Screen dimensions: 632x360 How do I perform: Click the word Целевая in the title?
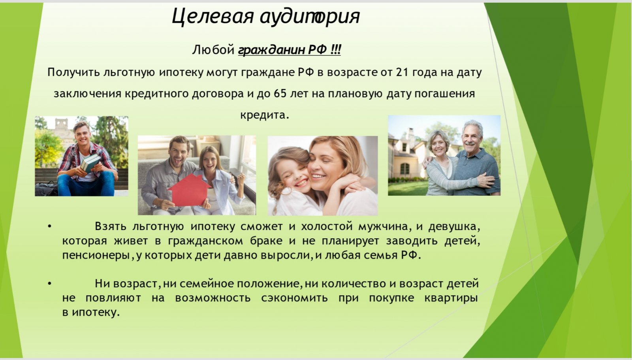click(x=213, y=16)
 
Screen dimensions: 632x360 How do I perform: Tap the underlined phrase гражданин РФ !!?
click(x=290, y=50)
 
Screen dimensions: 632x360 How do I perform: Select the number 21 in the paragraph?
click(x=402, y=72)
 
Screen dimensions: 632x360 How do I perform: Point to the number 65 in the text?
click(x=280, y=94)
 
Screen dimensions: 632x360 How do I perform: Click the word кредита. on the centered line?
click(x=265, y=115)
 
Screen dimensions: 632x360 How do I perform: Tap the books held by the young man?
click(x=90, y=163)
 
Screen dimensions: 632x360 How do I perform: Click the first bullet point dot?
click(x=50, y=226)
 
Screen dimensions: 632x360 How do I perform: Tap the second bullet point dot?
click(x=50, y=283)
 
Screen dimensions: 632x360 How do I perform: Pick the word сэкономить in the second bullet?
click(x=295, y=298)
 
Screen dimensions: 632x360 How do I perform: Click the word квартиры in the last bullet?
click(x=451, y=298)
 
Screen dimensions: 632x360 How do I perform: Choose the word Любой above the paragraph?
click(x=213, y=50)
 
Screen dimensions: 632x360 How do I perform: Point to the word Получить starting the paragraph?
click(x=73, y=72)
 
